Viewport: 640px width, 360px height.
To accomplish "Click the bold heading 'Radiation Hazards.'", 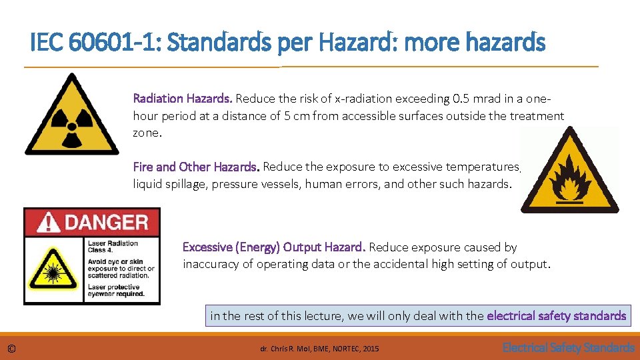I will [x=183, y=99].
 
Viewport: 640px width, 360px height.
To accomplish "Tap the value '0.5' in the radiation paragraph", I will [x=461, y=99].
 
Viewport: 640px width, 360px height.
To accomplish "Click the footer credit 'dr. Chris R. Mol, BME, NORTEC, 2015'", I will [x=319, y=349].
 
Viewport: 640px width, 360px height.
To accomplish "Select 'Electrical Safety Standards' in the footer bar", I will [x=568, y=347].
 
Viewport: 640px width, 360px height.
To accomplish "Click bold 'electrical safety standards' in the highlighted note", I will [x=556, y=316].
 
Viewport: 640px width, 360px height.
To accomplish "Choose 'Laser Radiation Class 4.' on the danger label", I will [x=113, y=247].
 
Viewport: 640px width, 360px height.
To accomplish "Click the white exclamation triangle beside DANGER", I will [x=47, y=223].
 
